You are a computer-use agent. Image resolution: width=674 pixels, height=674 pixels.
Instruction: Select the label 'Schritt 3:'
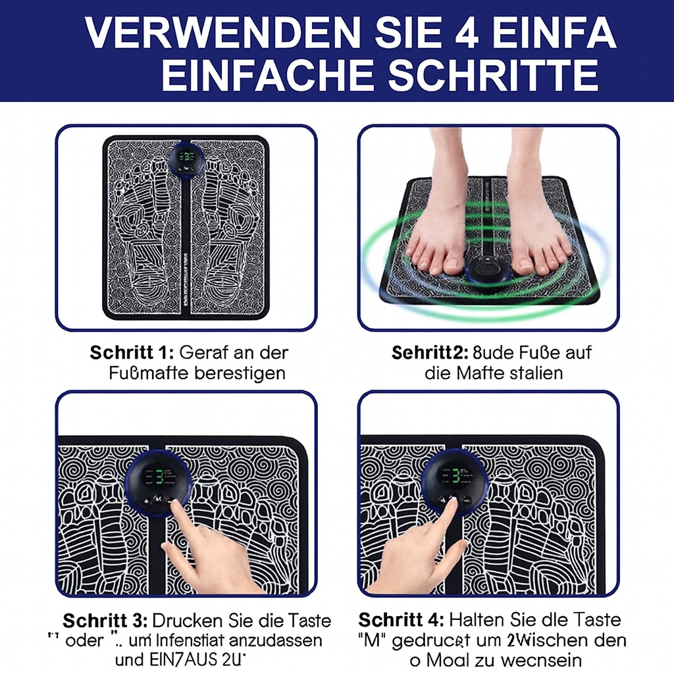[105, 620]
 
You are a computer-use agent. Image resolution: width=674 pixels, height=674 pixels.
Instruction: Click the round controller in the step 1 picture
[186, 160]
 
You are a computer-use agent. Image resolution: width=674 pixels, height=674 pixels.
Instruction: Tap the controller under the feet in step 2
[488, 271]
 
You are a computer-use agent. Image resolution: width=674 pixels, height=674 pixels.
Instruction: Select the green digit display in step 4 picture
[454, 475]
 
